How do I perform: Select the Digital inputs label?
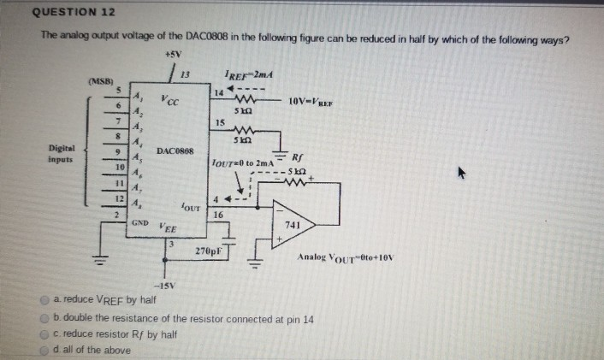pyautogui.click(x=62, y=152)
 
